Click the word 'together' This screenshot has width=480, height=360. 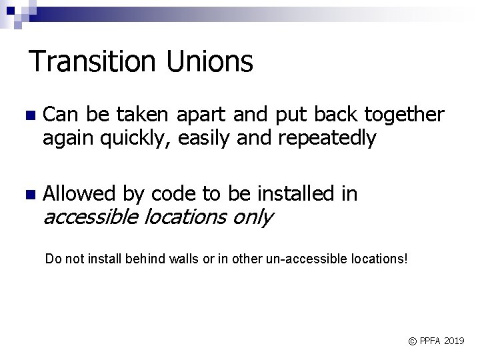tap(404, 115)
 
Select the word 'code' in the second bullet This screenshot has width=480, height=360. tap(174, 194)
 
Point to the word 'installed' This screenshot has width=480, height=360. tap(294, 194)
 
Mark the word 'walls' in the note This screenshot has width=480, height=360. tap(169, 259)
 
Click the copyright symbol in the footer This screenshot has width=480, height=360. tap(412, 341)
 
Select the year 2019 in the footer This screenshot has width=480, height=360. tap(453, 341)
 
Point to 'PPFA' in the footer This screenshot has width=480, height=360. tap(429, 341)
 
